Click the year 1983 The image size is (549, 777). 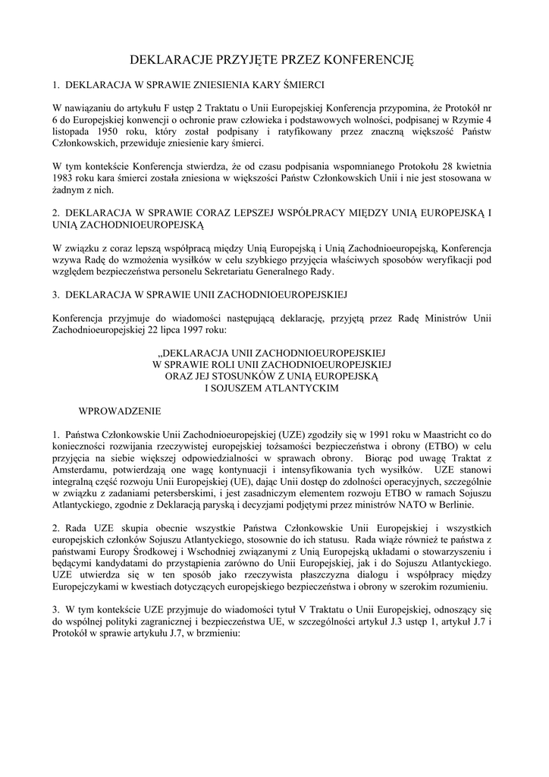pyautogui.click(x=64, y=178)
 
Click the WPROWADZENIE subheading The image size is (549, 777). pyautogui.click(x=120, y=411)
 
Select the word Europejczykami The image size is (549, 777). pyautogui.click(x=90, y=587)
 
